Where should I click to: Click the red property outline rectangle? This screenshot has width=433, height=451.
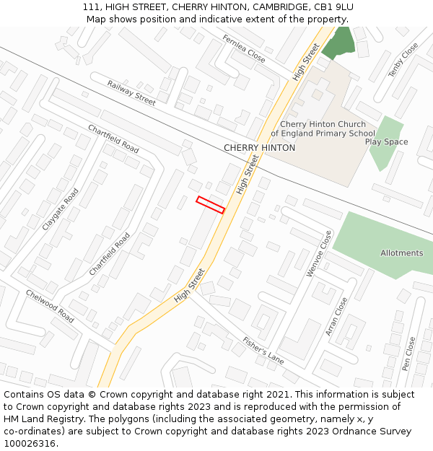(x=211, y=204)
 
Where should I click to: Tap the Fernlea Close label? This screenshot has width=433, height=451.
(x=244, y=48)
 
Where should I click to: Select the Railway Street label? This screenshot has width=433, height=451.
(x=131, y=93)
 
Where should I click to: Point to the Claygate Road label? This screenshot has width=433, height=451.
(x=60, y=209)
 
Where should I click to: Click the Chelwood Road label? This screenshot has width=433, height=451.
(x=50, y=306)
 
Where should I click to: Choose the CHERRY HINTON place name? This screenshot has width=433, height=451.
(x=259, y=148)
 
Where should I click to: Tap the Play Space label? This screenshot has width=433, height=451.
(x=386, y=142)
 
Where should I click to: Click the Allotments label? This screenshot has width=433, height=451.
(x=402, y=253)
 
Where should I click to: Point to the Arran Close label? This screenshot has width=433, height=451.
(x=336, y=316)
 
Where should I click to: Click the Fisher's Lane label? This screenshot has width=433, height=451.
(x=263, y=350)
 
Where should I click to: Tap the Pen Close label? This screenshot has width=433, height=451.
(x=409, y=354)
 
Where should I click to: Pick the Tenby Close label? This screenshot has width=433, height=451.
(x=403, y=60)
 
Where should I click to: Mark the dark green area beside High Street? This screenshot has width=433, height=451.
(x=339, y=43)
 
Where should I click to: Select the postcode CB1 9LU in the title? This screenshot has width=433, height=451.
(x=329, y=7)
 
